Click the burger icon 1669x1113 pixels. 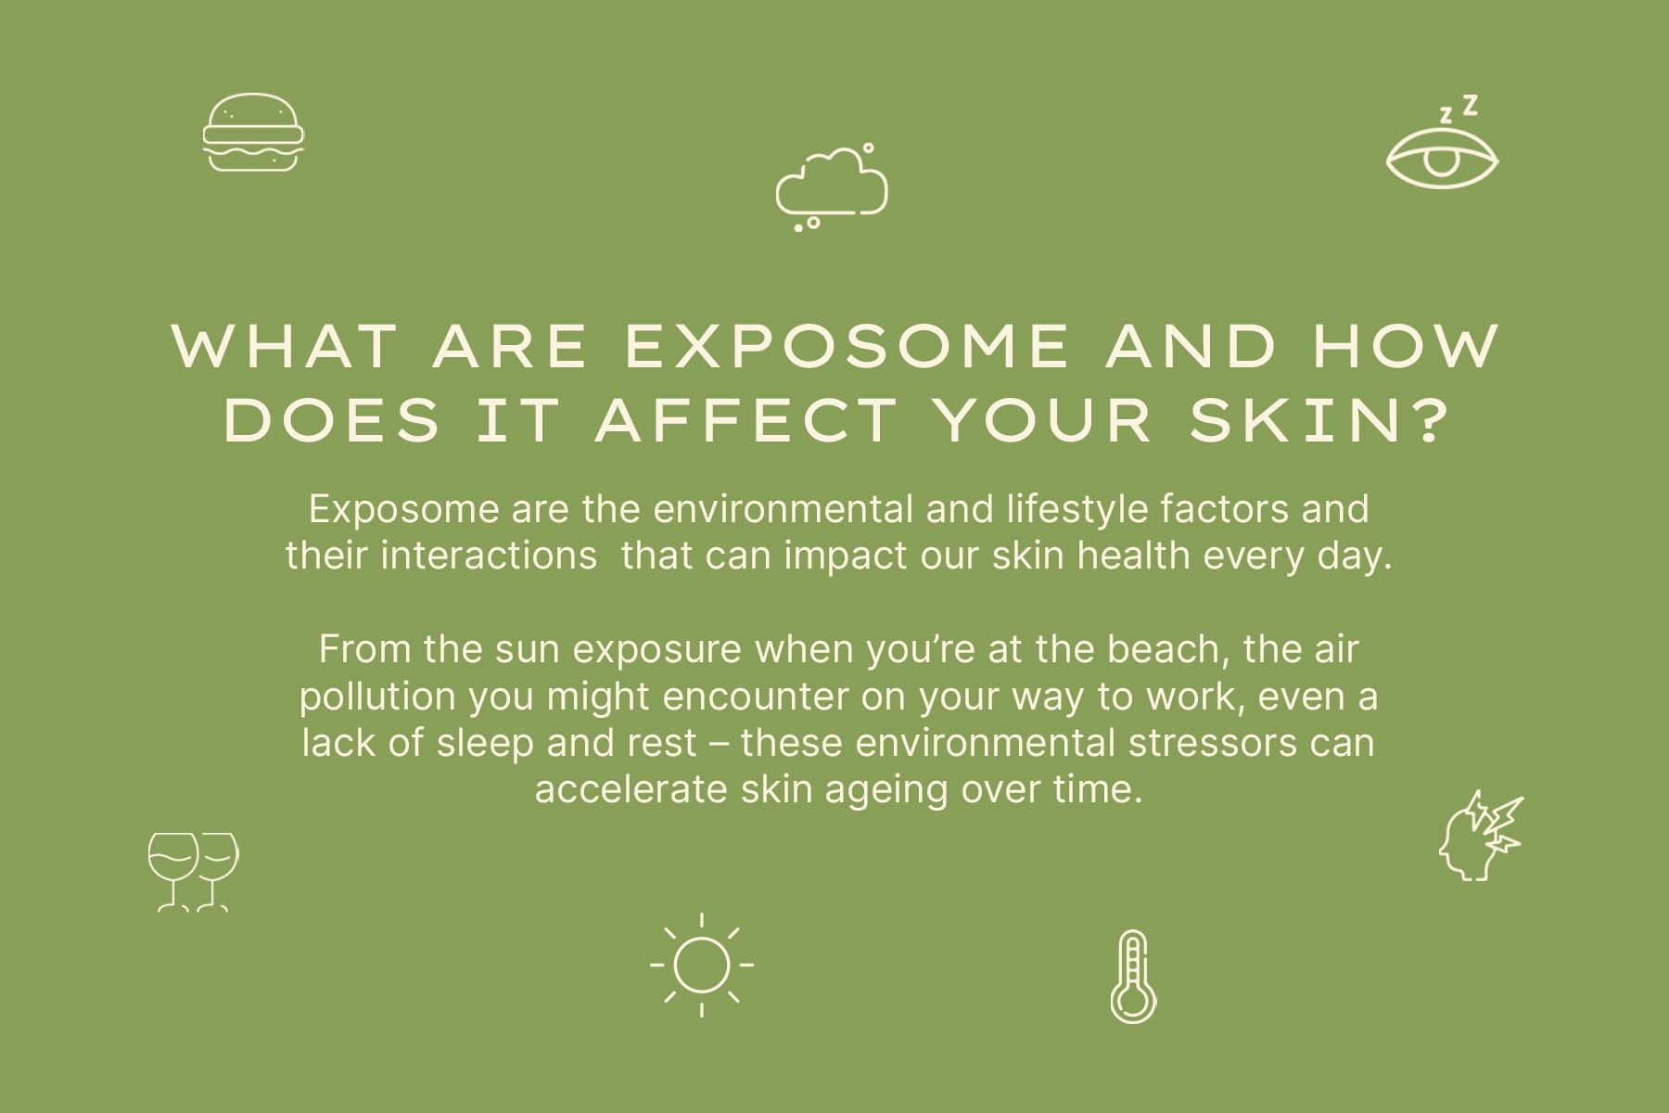(x=253, y=132)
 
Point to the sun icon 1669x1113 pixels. (x=702, y=965)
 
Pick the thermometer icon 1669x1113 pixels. (x=1133, y=977)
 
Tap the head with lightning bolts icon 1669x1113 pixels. (x=1481, y=836)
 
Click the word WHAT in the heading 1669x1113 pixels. (x=285, y=346)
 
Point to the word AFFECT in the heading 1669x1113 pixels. (x=745, y=419)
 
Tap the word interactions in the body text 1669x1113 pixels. (x=489, y=556)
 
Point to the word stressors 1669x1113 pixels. (x=1210, y=743)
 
